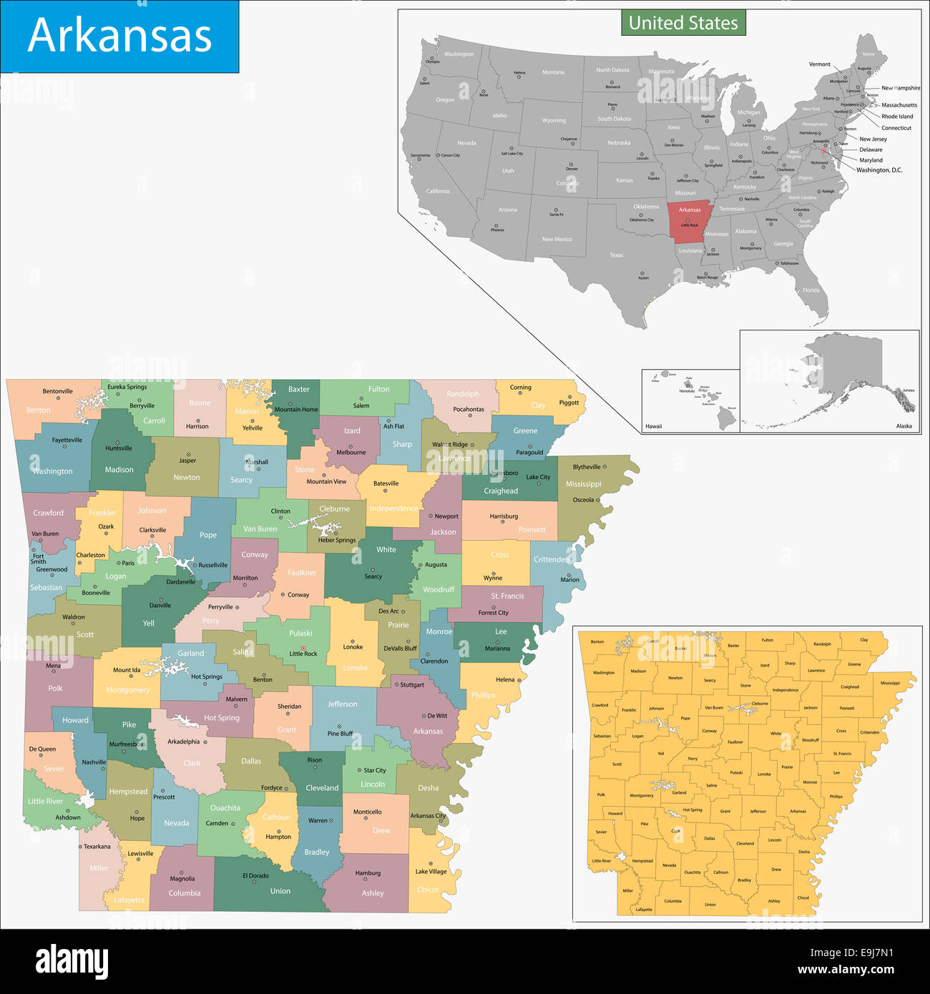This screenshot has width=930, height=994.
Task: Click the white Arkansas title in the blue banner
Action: click(119, 36)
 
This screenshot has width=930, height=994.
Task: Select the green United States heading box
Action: click(683, 23)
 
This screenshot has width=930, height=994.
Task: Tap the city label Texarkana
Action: click(97, 847)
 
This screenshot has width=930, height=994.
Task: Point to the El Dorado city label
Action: click(255, 875)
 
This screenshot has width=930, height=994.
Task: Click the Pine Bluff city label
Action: click(340, 734)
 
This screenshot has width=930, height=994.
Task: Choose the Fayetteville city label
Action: click(67, 440)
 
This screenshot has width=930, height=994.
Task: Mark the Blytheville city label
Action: click(587, 467)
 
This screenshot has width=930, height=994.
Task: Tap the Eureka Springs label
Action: click(127, 387)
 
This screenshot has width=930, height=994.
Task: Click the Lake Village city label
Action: click(431, 871)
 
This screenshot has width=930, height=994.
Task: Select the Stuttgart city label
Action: click(412, 684)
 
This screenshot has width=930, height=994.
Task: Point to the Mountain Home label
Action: click(296, 410)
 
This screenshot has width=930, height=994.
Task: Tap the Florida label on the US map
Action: click(811, 290)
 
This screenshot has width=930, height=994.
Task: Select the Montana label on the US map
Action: click(553, 72)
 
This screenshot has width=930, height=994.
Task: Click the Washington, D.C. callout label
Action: click(879, 170)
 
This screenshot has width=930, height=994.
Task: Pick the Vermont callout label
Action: click(820, 64)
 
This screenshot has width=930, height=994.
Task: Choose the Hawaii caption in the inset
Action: click(654, 426)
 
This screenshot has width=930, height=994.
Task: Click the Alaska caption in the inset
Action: click(904, 426)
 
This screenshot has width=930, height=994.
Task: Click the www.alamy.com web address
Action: click(846, 970)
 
